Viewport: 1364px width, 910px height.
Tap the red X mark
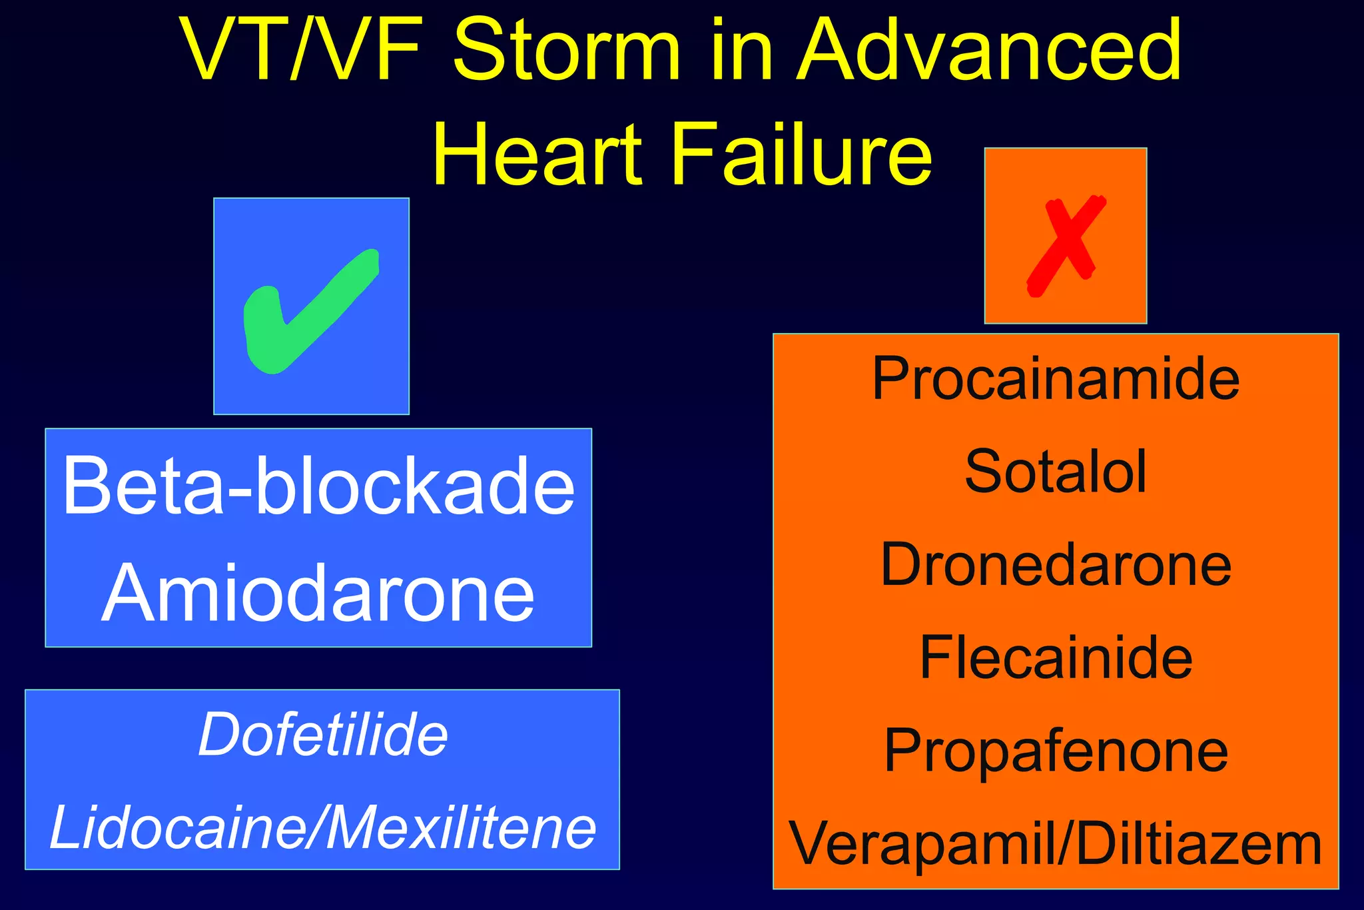(x=1066, y=245)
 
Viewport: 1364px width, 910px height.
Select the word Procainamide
(x=1056, y=379)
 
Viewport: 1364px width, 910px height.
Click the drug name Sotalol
(x=1056, y=472)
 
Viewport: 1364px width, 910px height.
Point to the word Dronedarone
(x=1056, y=565)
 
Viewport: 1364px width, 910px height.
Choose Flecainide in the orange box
(x=1056, y=658)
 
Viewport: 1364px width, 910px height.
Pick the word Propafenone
(x=1056, y=751)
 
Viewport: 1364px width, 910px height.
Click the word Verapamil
(x=922, y=845)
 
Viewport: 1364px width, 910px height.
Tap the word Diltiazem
(x=1199, y=844)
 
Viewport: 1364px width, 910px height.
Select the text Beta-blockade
(x=318, y=486)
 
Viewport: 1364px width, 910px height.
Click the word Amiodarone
(x=318, y=593)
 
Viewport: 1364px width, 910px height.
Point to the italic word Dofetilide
(x=323, y=735)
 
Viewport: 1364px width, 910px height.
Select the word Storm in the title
(x=567, y=50)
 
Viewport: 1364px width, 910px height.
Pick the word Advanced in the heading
(x=990, y=50)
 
